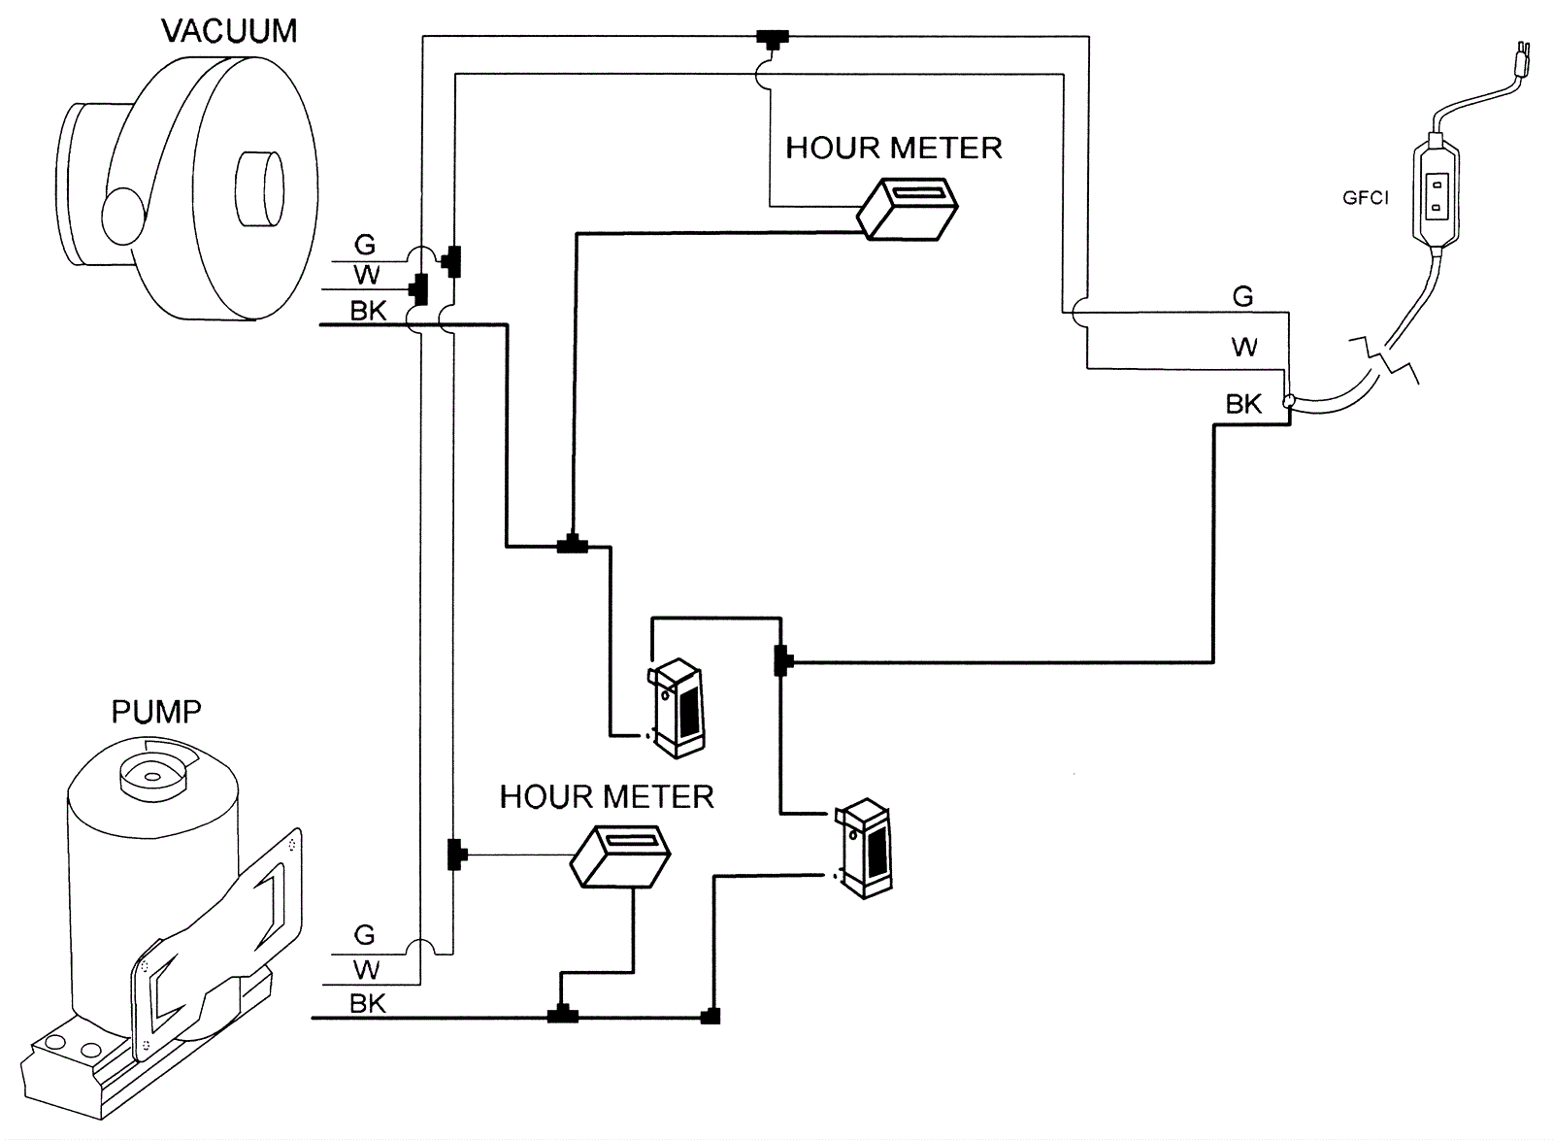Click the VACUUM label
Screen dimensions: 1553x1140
tap(229, 31)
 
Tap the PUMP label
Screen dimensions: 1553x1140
tap(156, 712)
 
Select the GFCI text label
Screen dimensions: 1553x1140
tap(1366, 198)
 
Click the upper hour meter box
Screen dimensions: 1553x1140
tap(908, 209)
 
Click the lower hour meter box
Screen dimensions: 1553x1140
tap(620, 856)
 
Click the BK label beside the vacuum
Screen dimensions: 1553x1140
tap(368, 312)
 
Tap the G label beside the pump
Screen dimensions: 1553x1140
tap(365, 935)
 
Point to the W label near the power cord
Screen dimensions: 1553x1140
tap(1244, 347)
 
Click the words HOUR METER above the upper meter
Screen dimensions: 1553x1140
tap(894, 149)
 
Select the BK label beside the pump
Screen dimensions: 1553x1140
tap(368, 1003)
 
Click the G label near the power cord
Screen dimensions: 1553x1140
tap(1243, 297)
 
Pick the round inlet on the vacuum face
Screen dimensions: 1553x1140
tap(260, 188)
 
